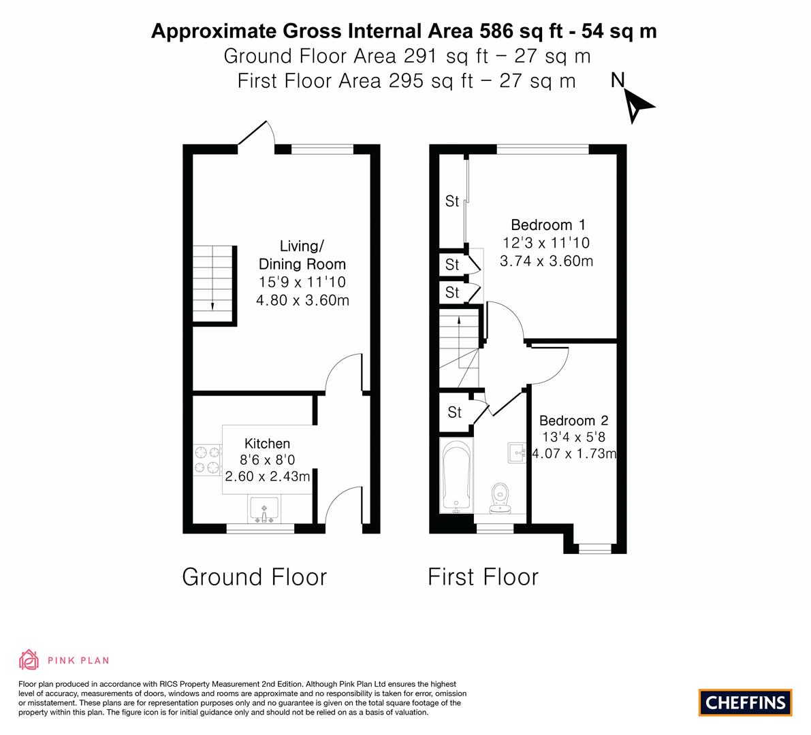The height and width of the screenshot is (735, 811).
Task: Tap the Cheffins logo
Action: pyautogui.click(x=746, y=702)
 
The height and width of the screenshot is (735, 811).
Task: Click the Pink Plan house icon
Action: pyautogui.click(x=29, y=659)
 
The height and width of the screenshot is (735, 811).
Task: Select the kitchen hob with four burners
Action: pyautogui.click(x=207, y=460)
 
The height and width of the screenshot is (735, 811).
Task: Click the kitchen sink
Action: pyautogui.click(x=264, y=509)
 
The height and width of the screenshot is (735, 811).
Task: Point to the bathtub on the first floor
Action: pyautogui.click(x=456, y=476)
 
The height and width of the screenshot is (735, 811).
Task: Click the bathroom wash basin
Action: pyautogui.click(x=517, y=453)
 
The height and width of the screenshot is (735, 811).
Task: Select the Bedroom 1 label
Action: pyautogui.click(x=547, y=225)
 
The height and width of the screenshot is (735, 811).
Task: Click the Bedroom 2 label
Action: pyautogui.click(x=573, y=420)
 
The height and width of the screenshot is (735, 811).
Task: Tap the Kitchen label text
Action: pyautogui.click(x=267, y=444)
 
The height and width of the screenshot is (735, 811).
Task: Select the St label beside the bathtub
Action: pyautogui.click(x=454, y=412)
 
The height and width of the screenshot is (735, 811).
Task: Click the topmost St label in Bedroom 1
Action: pyautogui.click(x=452, y=201)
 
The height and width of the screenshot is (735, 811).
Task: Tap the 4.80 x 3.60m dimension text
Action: pyautogui.click(x=302, y=300)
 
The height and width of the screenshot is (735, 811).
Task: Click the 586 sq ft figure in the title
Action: pyautogui.click(x=521, y=31)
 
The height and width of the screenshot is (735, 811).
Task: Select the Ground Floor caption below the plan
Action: pyautogui.click(x=255, y=577)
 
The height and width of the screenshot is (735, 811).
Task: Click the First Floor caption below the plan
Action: pyautogui.click(x=483, y=577)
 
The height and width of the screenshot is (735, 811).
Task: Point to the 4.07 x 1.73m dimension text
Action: pyautogui.click(x=574, y=453)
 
